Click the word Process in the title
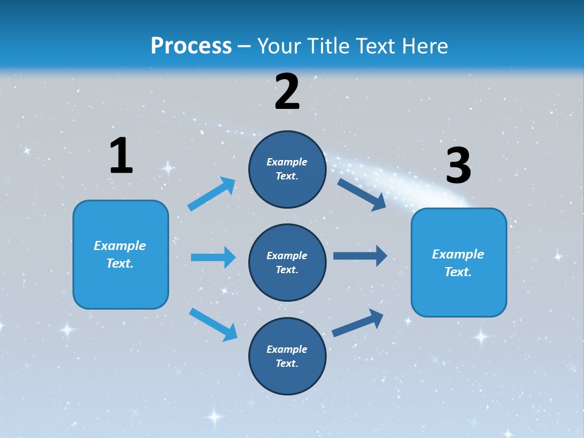tap(191, 46)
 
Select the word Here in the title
tap(423, 46)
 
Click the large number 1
tap(121, 156)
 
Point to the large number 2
tap(287, 92)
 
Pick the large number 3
tap(458, 165)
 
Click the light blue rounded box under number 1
tap(120, 254)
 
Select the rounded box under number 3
tap(459, 262)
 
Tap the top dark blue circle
tap(287, 169)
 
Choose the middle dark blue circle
tap(287, 262)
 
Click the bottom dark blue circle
tap(287, 356)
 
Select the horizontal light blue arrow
tap(213, 257)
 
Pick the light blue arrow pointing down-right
tap(213, 324)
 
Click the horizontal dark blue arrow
tap(360, 256)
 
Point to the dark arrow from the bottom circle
tap(358, 322)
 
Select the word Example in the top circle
tap(287, 162)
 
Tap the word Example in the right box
tap(458, 254)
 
